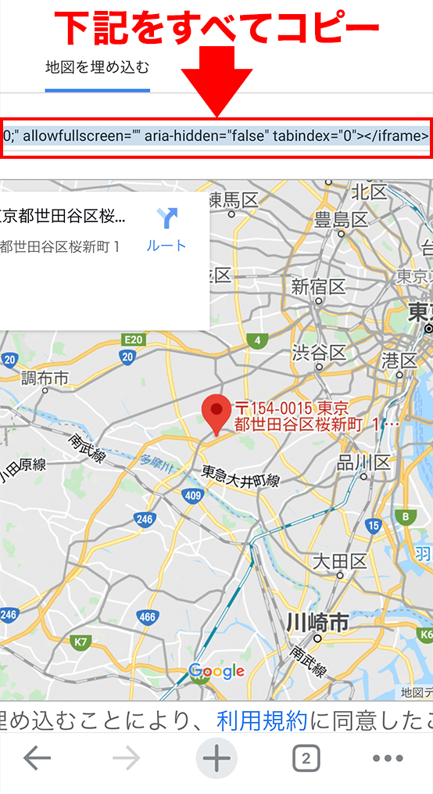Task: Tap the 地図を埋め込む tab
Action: coord(98,66)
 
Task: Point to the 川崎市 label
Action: coord(317,623)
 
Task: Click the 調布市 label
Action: coord(45,378)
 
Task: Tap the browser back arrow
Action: coord(38,758)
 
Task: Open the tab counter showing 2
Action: coord(306,758)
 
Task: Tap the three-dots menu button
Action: coord(388,758)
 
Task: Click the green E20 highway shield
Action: coord(134,340)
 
